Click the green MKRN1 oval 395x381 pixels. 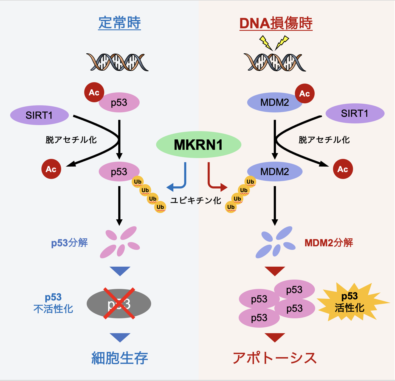tap(198, 145)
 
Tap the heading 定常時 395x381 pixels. tap(120, 23)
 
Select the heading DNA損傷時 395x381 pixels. tap(276, 23)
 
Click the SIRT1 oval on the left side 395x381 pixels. tap(39, 115)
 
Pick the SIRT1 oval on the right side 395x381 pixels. tap(355, 113)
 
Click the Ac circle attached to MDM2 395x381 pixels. tap(304, 94)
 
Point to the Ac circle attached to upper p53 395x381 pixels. tap(94, 92)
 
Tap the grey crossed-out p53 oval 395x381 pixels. tap(119, 303)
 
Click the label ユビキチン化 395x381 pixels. tap(196, 200)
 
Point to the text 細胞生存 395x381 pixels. tap(120, 358)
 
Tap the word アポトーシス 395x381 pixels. tap(275, 358)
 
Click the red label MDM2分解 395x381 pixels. tap(329, 243)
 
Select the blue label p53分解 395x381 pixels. tap(69, 243)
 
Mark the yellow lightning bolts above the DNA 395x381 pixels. tap(274, 43)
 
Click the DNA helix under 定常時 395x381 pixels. tap(117, 62)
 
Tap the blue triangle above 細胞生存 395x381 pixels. tap(120, 338)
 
